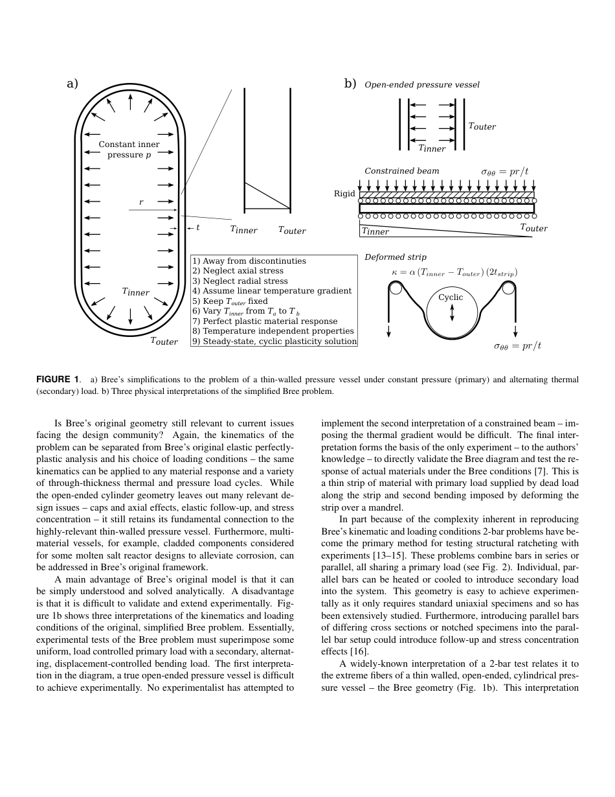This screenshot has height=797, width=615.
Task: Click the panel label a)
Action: click(x=73, y=84)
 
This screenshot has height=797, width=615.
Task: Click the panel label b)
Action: click(x=350, y=84)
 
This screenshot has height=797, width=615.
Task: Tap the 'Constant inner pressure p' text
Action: click(x=129, y=150)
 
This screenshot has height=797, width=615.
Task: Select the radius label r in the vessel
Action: click(x=141, y=203)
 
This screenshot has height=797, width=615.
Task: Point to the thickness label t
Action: click(x=197, y=227)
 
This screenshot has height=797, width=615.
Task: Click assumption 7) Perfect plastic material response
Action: click(x=265, y=321)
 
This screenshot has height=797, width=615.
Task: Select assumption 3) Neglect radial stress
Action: click(x=240, y=281)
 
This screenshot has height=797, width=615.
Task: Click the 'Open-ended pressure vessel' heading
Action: click(x=422, y=85)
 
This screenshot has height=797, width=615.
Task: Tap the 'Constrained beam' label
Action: click(x=401, y=171)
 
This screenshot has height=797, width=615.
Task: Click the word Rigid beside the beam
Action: click(x=344, y=194)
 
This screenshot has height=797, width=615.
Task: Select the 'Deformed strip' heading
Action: click(x=395, y=257)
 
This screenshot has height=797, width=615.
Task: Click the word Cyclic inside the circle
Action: click(x=451, y=297)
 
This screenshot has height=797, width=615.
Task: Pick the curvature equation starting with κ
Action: click(x=454, y=273)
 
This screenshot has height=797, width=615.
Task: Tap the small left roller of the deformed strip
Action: click(x=394, y=288)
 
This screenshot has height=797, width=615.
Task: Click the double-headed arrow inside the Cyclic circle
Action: click(x=452, y=312)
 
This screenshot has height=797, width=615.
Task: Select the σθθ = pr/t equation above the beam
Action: click(x=504, y=172)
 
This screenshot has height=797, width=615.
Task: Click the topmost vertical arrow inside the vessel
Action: click(x=131, y=101)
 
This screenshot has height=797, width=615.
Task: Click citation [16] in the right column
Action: click(x=359, y=651)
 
